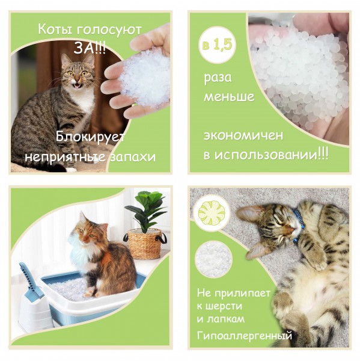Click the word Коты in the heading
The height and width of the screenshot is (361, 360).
point(55,29)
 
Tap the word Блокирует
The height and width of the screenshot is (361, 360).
point(90,137)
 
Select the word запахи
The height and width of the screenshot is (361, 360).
point(133,158)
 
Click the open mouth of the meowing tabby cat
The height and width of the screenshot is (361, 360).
point(78,86)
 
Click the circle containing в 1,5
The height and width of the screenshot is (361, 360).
point(217,45)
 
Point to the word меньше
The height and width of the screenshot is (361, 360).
point(229,97)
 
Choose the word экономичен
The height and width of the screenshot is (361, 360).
point(243,135)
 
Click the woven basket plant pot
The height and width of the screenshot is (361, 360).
point(144,244)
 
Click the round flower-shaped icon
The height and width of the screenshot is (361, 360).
point(212,213)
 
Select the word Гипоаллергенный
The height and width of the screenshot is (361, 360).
point(244,336)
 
